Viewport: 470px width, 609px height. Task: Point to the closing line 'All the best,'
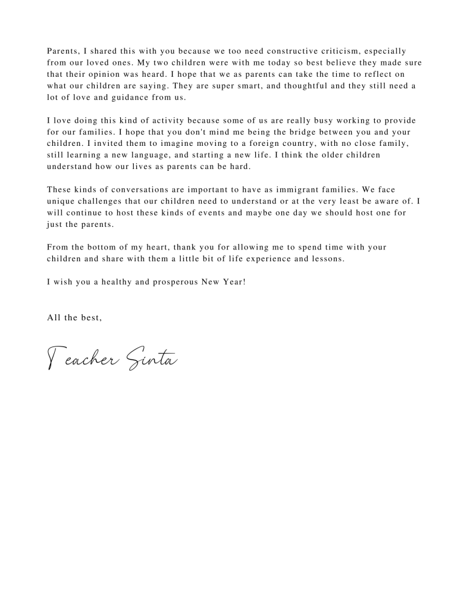pyautogui.click(x=74, y=317)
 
